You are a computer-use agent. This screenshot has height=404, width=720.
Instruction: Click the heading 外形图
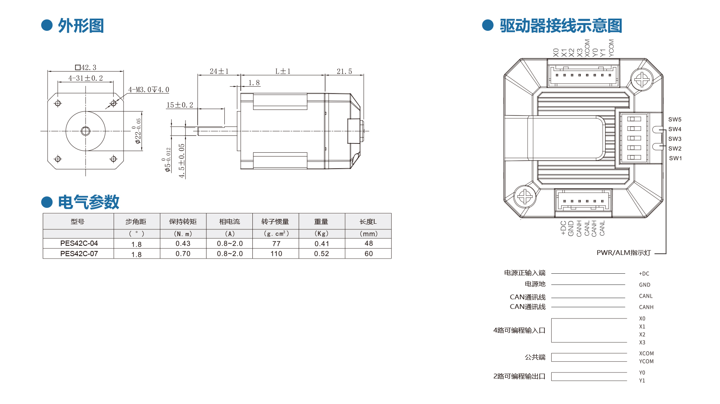81,26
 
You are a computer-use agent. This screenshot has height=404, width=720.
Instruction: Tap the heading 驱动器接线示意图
561,26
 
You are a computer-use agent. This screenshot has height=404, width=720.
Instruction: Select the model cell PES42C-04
79,243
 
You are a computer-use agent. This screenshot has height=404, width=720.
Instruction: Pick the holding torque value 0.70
183,254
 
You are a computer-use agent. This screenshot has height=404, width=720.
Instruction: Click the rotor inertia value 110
276,254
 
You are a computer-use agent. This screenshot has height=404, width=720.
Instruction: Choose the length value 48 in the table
368,243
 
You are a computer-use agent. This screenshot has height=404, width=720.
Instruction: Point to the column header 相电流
229,221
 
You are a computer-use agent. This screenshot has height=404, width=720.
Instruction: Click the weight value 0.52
321,254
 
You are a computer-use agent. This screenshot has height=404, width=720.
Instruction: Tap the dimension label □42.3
86,68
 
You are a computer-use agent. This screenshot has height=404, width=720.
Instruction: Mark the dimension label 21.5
344,72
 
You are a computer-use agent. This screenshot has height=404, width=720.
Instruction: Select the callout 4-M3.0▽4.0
148,90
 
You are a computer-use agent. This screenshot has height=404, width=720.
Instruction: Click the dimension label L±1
283,72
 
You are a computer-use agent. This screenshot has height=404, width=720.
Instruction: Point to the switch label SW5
675,119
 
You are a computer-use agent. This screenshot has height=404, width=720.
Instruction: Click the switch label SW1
675,158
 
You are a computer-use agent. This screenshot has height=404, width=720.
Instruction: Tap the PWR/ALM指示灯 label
624,253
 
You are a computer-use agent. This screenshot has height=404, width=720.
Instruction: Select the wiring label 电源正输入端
524,273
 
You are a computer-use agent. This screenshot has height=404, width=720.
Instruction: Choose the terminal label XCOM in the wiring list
646,354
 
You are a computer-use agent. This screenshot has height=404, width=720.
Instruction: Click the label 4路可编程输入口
519,330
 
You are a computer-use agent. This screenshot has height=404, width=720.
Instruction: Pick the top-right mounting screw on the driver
642,80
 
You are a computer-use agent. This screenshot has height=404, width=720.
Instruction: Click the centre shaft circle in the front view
86,131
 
